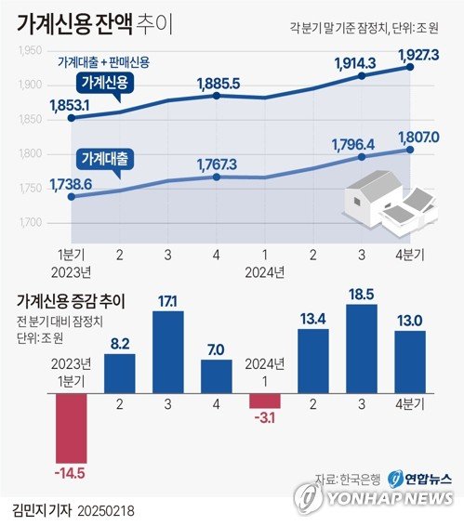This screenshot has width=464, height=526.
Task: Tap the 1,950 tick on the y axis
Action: pyautogui.click(x=30, y=51)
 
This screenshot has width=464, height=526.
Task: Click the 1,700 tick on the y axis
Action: pyautogui.click(x=30, y=223)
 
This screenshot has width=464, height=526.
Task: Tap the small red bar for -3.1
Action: pyautogui.click(x=264, y=400)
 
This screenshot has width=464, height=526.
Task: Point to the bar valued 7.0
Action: pyautogui.click(x=216, y=375)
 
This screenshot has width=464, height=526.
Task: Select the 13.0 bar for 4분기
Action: pyautogui.click(x=409, y=361)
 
